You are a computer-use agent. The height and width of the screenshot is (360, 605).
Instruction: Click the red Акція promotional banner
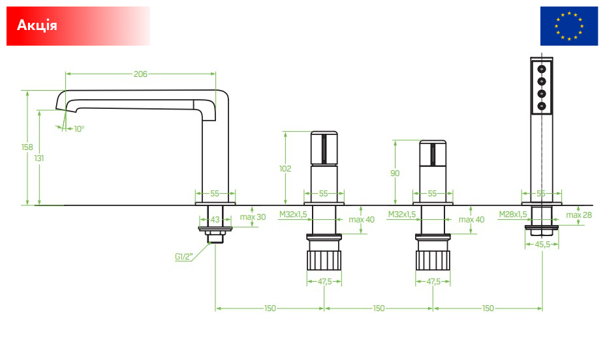click(78, 26)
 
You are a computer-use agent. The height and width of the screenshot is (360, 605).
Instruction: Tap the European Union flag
click(568, 26)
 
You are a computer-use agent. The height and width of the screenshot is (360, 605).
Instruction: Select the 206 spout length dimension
click(140, 74)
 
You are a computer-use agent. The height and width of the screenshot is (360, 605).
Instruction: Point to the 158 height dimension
click(27, 147)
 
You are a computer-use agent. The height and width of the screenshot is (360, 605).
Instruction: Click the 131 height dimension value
click(39, 158)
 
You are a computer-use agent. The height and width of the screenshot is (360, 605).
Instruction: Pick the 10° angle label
click(79, 129)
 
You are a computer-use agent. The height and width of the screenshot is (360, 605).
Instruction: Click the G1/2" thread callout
click(183, 257)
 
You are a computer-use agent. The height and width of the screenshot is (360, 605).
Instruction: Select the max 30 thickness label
click(253, 217)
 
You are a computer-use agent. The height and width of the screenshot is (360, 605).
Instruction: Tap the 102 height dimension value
click(285, 168)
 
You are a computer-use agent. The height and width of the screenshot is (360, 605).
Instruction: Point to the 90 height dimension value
click(395, 173)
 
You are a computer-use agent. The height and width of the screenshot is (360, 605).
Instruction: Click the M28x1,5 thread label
click(513, 215)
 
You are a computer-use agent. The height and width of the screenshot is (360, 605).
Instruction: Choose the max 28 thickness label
click(579, 215)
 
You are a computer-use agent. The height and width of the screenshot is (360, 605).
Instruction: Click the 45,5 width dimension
click(542, 245)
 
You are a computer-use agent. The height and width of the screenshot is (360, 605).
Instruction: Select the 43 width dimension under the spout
click(215, 220)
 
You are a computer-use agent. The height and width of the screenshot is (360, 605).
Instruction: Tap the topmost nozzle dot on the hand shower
click(542, 69)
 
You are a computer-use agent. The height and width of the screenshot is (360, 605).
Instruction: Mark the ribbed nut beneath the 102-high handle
click(324, 260)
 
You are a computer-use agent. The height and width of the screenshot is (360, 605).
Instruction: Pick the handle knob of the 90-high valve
click(433, 153)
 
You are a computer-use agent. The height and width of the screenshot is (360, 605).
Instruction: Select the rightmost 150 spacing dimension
click(488, 308)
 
